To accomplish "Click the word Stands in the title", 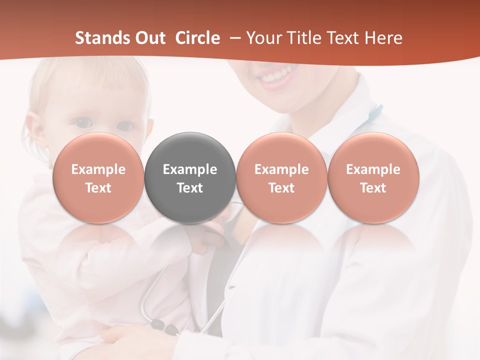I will click(98, 38).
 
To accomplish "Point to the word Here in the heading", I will click(383, 38).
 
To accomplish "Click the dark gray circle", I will click(190, 178).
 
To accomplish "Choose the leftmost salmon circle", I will click(98, 178).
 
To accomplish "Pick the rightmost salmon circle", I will click(373, 178).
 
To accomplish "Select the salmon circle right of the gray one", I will click(281, 178).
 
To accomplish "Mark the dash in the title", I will click(235, 38).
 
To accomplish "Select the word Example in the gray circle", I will click(190, 169).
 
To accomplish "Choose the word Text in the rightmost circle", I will click(373, 188).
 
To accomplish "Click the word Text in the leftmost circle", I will click(98, 188).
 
